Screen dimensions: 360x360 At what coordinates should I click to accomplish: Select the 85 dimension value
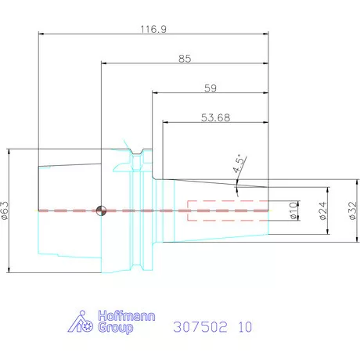click(185, 59)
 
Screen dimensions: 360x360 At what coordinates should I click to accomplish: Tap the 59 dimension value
click(210, 88)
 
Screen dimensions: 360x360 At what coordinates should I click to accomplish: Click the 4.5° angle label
click(238, 164)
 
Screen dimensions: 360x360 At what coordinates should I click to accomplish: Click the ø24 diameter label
click(322, 211)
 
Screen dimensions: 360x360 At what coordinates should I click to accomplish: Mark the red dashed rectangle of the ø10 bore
click(227, 211)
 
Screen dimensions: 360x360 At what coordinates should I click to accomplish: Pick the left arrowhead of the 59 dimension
click(154, 93)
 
